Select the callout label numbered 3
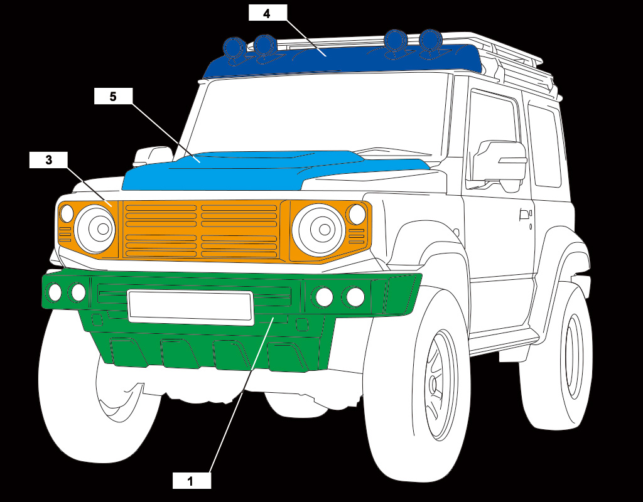click(x=48, y=159)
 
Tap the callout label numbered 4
click(x=267, y=13)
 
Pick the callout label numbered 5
click(x=113, y=97)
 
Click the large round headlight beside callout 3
click(x=95, y=228)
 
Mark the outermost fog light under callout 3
click(x=55, y=292)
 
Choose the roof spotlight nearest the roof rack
click(x=430, y=40)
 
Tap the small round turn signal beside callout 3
click(x=67, y=213)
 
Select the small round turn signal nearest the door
click(x=357, y=214)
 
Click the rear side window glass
click(x=544, y=146)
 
